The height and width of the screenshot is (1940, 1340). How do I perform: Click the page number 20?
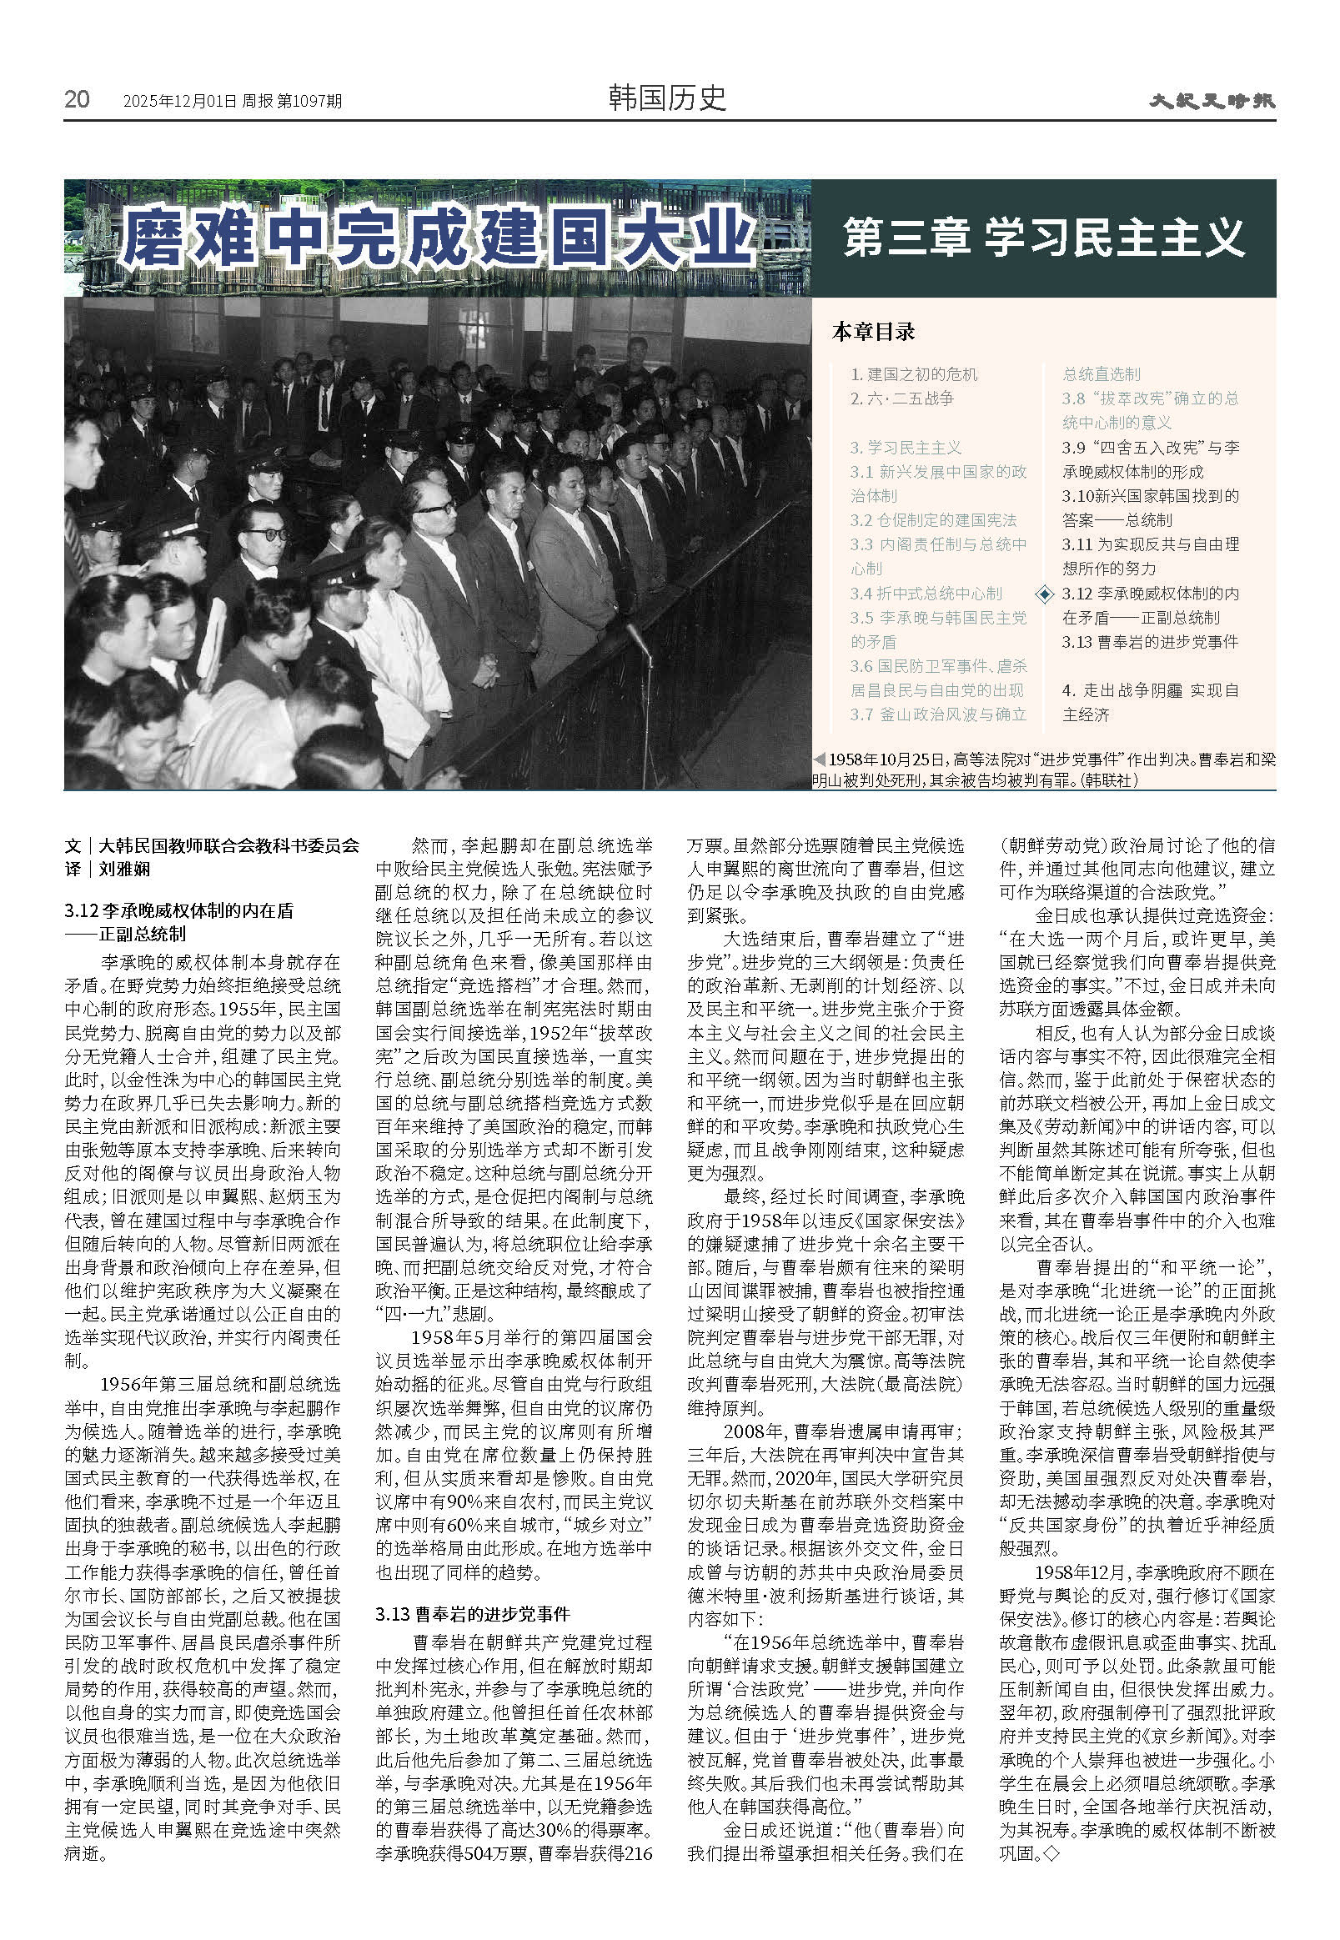coord(77,99)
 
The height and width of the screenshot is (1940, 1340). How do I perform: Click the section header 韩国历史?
coord(666,98)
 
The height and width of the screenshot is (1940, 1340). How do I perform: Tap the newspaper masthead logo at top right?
coord(1212,101)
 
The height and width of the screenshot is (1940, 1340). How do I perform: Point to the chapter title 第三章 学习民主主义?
coord(1043,238)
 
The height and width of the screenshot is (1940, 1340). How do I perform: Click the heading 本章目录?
coord(873,332)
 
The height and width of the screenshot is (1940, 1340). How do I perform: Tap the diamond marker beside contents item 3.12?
coord(1045,594)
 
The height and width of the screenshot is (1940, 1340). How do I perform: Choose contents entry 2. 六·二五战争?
coord(901,399)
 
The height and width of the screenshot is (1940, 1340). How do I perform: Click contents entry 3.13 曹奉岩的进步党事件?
coord(1149,642)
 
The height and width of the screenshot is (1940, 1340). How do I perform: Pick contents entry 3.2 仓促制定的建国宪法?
coord(933,520)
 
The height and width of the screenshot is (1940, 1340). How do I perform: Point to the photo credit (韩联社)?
coord(1110,780)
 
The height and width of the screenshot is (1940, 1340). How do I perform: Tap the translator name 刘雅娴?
coord(124,869)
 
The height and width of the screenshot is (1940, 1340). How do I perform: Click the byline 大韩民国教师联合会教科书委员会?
coord(228,845)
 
